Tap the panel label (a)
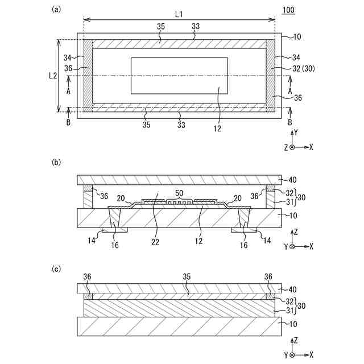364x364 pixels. coord(56,9)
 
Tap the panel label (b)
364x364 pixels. coord(56,162)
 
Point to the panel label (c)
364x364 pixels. coord(56,270)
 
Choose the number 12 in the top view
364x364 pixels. coord(218,129)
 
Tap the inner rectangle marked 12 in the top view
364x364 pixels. coord(179,75)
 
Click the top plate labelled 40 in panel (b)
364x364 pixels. coord(179,180)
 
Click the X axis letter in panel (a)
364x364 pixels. coord(311,147)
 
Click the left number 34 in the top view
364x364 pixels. coord(68,57)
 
